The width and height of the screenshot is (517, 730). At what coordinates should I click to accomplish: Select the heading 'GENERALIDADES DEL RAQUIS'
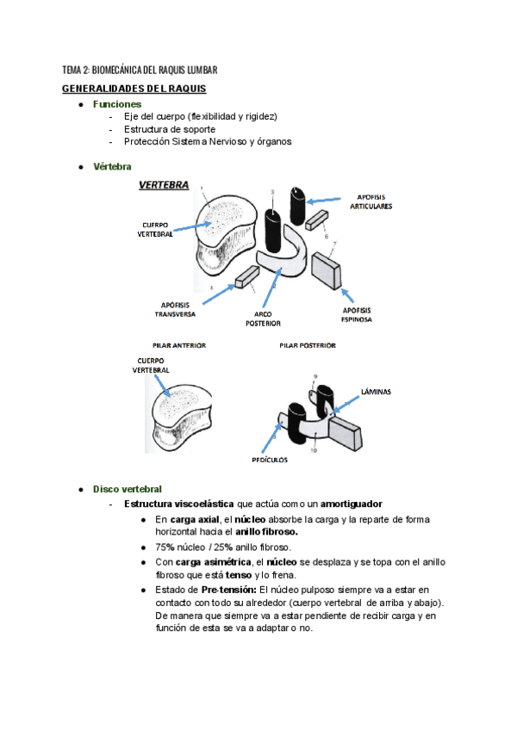(x=134, y=89)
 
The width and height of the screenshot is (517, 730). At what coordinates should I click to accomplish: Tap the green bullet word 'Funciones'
(x=116, y=103)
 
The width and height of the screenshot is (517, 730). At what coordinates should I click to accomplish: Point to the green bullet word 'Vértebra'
(x=112, y=166)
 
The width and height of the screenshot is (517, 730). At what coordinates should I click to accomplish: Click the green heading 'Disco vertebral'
(x=127, y=489)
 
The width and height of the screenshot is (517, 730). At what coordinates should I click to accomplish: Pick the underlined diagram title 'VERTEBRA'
(x=164, y=185)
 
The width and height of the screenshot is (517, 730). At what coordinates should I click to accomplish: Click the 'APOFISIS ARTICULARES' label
(x=371, y=201)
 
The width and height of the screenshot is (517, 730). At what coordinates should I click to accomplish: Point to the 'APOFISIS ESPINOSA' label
(x=357, y=314)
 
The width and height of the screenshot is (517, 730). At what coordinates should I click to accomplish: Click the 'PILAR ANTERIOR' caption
(x=178, y=345)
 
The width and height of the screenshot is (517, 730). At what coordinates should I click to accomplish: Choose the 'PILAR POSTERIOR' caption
(x=308, y=345)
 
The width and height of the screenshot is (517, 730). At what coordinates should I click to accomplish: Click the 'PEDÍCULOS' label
(x=271, y=460)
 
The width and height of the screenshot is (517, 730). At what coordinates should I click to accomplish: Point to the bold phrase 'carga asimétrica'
(x=210, y=562)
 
